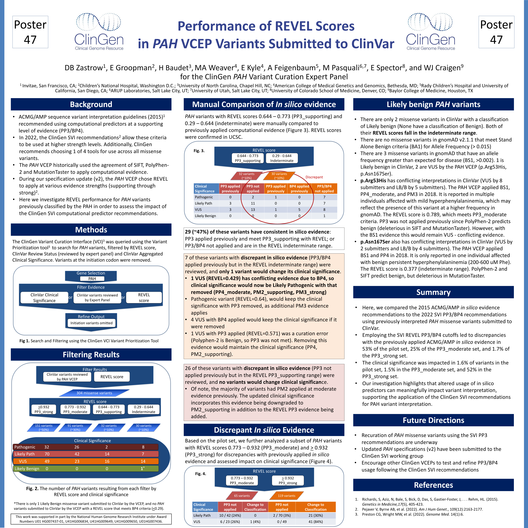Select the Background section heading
point(91,104)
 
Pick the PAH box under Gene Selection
point(92,279)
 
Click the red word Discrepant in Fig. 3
point(314,177)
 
